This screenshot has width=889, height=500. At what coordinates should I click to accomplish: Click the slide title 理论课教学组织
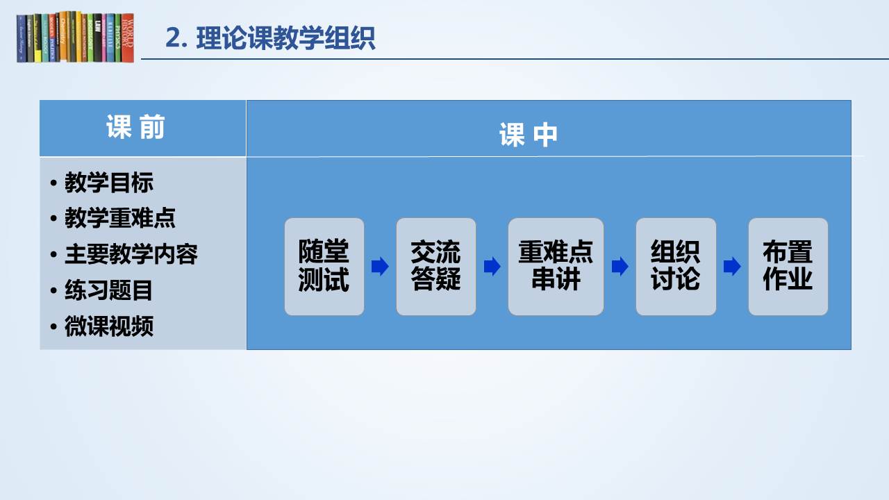285,38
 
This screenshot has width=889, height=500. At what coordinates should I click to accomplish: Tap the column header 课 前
135,127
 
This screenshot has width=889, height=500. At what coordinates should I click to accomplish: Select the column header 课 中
529,135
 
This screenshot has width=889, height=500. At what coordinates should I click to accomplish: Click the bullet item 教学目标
109,183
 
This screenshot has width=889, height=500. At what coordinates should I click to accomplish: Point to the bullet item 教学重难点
120,218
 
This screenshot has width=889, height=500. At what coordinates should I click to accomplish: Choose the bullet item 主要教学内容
131,254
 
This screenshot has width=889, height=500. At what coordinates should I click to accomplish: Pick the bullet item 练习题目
108,290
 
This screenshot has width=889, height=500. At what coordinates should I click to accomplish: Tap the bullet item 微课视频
109,326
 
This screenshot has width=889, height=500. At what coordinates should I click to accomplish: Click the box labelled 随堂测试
324,267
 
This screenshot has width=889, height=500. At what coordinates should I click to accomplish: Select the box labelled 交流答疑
435,267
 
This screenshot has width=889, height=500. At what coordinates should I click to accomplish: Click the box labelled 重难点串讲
556,267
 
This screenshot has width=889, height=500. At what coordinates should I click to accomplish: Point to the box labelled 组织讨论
676,267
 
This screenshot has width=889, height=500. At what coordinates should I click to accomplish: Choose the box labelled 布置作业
788,267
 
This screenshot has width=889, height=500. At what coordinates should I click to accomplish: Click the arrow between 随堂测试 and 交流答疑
380,266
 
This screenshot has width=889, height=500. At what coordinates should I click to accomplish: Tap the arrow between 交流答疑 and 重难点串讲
492,266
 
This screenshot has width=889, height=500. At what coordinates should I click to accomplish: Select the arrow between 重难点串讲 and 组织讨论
620,266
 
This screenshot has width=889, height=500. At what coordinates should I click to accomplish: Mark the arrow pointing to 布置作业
732,266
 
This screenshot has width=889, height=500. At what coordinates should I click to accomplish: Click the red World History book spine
128,37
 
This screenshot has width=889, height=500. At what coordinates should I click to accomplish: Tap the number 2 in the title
173,38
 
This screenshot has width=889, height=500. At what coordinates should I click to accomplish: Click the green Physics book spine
118,37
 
